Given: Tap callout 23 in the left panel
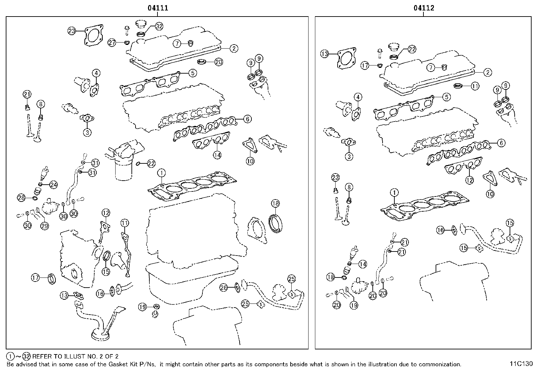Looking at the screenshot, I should pyautogui.click(x=71, y=31).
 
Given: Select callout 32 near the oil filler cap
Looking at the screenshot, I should pyautogui.click(x=159, y=26).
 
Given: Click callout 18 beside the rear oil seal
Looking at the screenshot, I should pyautogui.click(x=275, y=203).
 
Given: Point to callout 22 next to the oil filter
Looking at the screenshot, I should pyautogui.click(x=151, y=164).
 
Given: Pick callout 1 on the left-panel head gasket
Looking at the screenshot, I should pyautogui.click(x=162, y=173).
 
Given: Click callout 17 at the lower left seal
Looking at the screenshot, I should pyautogui.click(x=35, y=278).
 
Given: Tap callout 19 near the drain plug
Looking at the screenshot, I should pyautogui.click(x=142, y=307).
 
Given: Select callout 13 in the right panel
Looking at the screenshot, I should pyautogui.click(x=324, y=54).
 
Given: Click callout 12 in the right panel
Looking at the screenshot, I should pyautogui.click(x=469, y=180).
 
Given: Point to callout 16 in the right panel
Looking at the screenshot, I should pyautogui.click(x=440, y=231).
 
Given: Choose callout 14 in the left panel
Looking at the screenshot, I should pyautogui.click(x=217, y=155).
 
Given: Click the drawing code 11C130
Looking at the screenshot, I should pyautogui.click(x=521, y=364).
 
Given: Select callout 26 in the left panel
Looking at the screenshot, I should pyautogui.click(x=223, y=287).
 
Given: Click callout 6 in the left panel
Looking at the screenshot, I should pyautogui.click(x=247, y=119).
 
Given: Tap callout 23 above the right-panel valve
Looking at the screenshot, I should pyautogui.click(x=335, y=178).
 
